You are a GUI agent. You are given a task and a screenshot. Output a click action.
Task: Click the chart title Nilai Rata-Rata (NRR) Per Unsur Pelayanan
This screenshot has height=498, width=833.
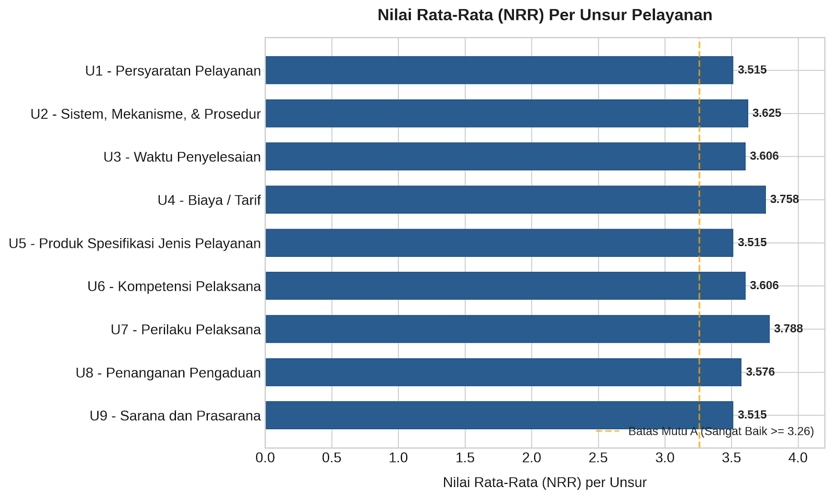(x=545, y=15)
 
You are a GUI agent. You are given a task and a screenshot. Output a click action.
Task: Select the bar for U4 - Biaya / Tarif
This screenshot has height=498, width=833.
(x=515, y=200)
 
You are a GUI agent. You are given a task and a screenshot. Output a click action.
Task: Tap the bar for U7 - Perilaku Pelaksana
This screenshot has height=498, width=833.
(x=518, y=329)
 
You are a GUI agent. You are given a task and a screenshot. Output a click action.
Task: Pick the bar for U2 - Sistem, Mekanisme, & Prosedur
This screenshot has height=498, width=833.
(x=507, y=113)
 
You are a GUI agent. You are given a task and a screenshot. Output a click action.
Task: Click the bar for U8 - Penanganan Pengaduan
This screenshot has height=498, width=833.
(x=503, y=372)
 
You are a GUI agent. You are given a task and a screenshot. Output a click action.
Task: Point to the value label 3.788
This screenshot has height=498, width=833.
(x=788, y=329)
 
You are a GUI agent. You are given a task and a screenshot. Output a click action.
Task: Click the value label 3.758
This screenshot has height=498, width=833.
(x=784, y=199)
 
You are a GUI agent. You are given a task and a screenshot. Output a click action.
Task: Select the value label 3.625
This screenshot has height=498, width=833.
(x=767, y=113)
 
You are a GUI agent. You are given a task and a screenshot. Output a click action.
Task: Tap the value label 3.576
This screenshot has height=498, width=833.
(x=761, y=372)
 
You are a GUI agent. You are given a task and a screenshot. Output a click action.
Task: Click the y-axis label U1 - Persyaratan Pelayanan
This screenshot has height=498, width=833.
(x=173, y=71)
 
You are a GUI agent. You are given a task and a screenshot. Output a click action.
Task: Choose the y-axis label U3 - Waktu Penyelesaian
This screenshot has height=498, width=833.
(x=182, y=157)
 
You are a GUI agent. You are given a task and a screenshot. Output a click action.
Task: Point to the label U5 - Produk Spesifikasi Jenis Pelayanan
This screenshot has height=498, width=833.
(x=135, y=243)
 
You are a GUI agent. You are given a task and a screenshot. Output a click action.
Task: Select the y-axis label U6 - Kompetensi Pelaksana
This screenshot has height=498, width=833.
(x=174, y=287)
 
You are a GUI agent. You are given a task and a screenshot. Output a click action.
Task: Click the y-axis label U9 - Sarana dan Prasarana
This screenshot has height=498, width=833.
(x=175, y=416)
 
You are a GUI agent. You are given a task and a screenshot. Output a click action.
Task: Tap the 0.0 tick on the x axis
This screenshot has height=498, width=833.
(x=265, y=458)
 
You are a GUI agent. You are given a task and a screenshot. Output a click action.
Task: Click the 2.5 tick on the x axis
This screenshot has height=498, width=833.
(x=598, y=458)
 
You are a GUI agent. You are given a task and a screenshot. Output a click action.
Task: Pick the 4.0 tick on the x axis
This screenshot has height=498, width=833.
(x=798, y=458)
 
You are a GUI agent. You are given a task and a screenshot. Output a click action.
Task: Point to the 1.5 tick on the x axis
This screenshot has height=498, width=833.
(x=465, y=458)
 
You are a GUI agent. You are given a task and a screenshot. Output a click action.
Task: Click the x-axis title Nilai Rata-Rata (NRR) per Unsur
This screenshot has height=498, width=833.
(x=545, y=483)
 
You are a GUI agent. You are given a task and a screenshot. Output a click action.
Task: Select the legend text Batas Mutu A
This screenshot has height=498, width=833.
(x=663, y=431)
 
